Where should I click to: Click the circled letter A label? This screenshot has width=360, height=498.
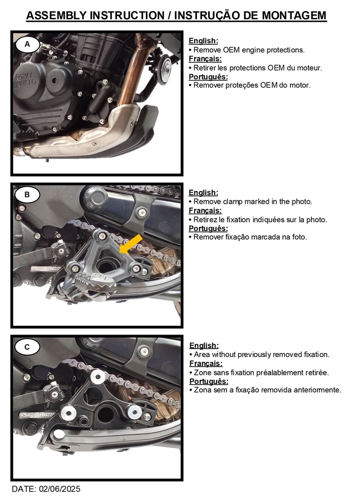27,44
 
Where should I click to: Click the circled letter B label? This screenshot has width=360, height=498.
27,195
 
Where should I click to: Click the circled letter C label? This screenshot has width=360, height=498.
27,347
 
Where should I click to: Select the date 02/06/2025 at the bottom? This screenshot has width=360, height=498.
59,489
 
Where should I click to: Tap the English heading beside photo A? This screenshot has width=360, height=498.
203,41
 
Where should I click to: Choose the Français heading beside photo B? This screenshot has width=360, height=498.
205,211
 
